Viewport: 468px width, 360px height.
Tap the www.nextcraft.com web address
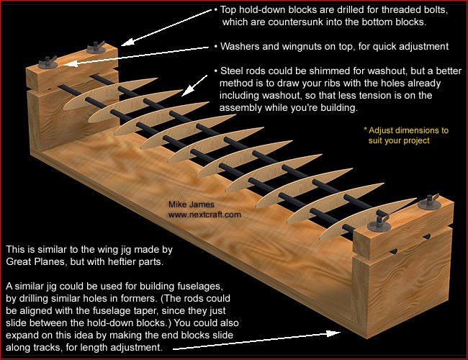(x=204, y=215)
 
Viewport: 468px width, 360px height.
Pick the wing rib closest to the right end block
(x=324, y=213)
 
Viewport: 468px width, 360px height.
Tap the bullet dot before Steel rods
(x=217, y=72)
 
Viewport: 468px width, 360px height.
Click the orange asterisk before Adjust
(x=366, y=131)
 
